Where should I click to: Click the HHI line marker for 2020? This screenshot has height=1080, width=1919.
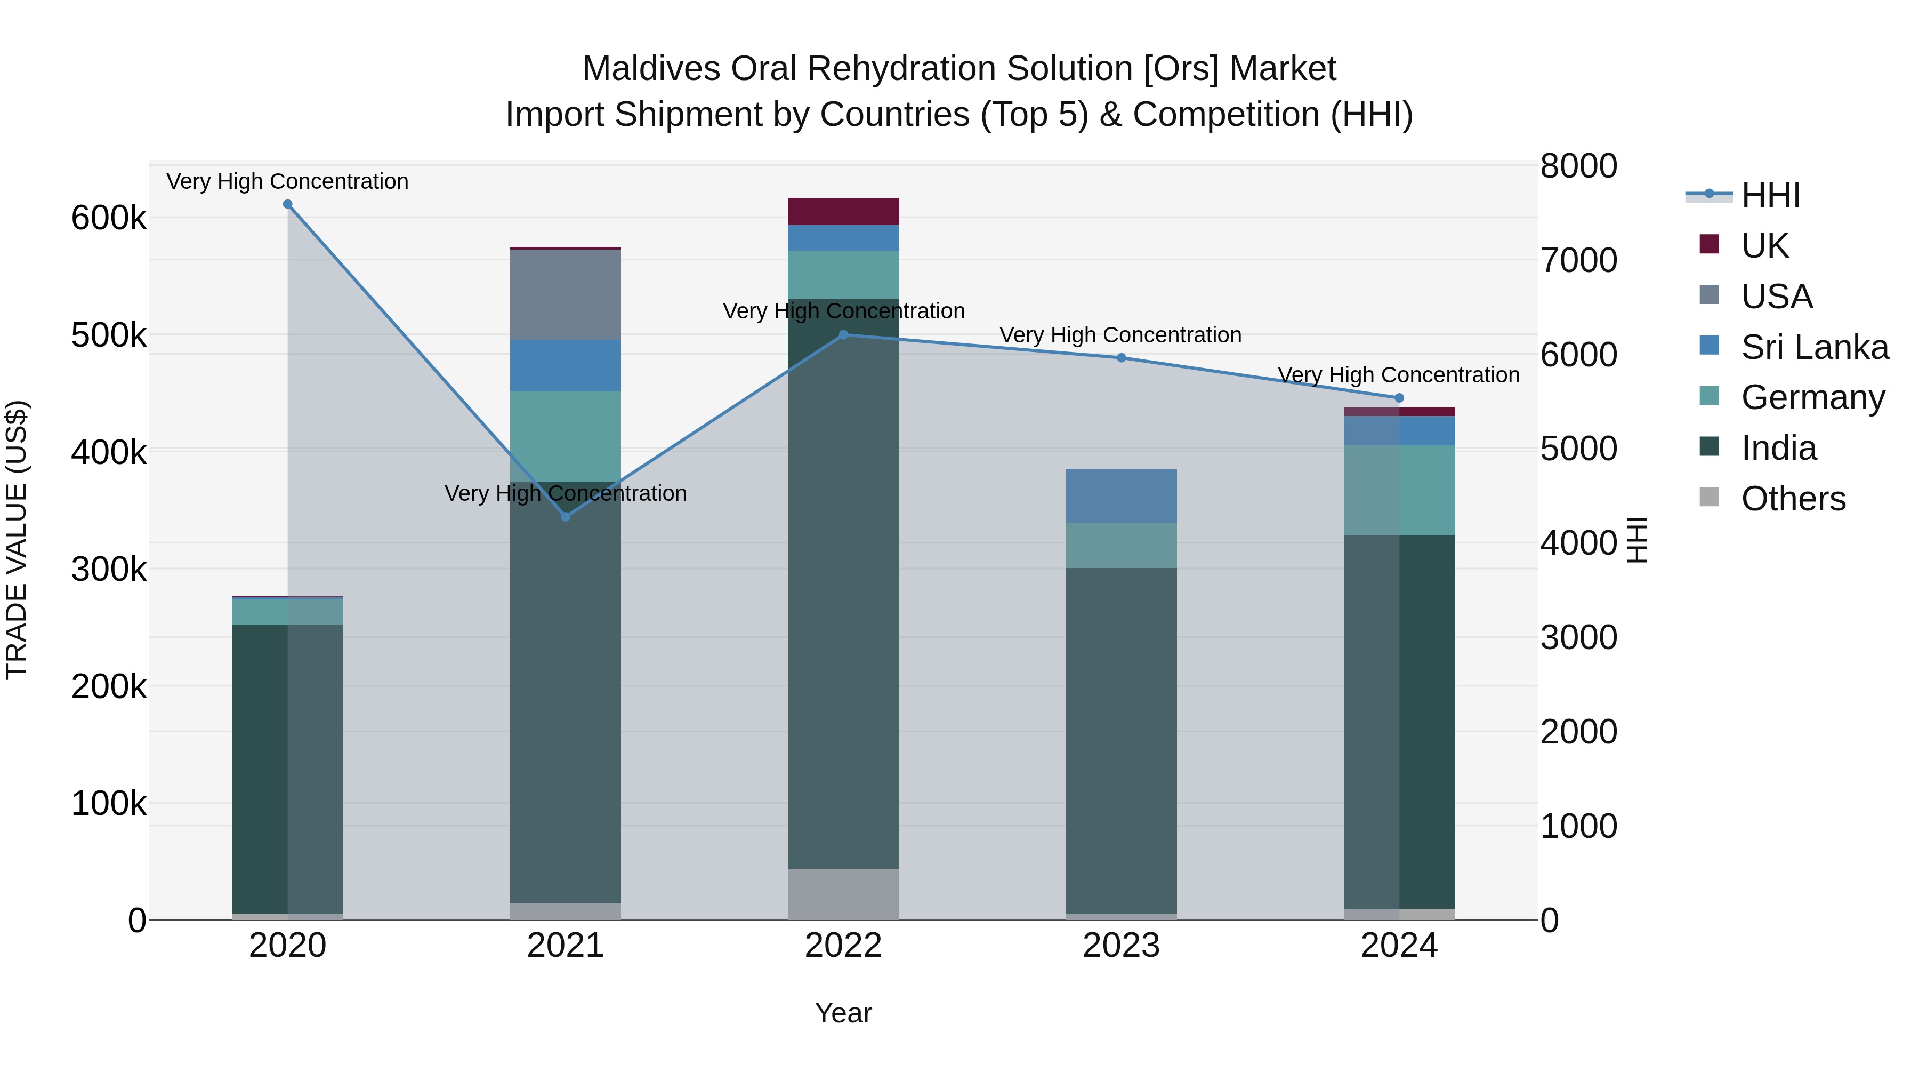(287, 204)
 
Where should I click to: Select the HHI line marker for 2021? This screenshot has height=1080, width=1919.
(566, 516)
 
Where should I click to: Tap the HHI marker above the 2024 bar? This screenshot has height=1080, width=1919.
(1399, 398)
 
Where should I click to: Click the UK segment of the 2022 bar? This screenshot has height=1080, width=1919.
(843, 212)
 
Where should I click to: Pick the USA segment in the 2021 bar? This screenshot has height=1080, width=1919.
(566, 295)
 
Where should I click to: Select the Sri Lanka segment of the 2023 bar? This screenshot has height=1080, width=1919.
(1121, 495)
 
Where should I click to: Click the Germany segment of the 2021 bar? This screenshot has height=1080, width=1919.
(566, 436)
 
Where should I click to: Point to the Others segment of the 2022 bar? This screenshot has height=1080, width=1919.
(843, 894)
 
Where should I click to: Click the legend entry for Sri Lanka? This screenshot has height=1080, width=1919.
(1814, 347)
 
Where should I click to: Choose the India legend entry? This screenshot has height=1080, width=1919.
(1778, 449)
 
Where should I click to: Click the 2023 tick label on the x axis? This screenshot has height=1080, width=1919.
(1121, 946)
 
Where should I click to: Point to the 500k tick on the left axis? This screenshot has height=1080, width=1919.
(109, 335)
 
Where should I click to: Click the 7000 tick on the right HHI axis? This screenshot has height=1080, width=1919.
(1578, 261)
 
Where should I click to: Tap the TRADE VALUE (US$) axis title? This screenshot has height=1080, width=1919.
(17, 540)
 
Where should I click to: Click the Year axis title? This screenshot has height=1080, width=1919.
(843, 1013)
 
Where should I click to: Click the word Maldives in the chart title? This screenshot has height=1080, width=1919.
(651, 69)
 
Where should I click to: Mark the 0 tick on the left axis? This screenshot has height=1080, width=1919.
(136, 921)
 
